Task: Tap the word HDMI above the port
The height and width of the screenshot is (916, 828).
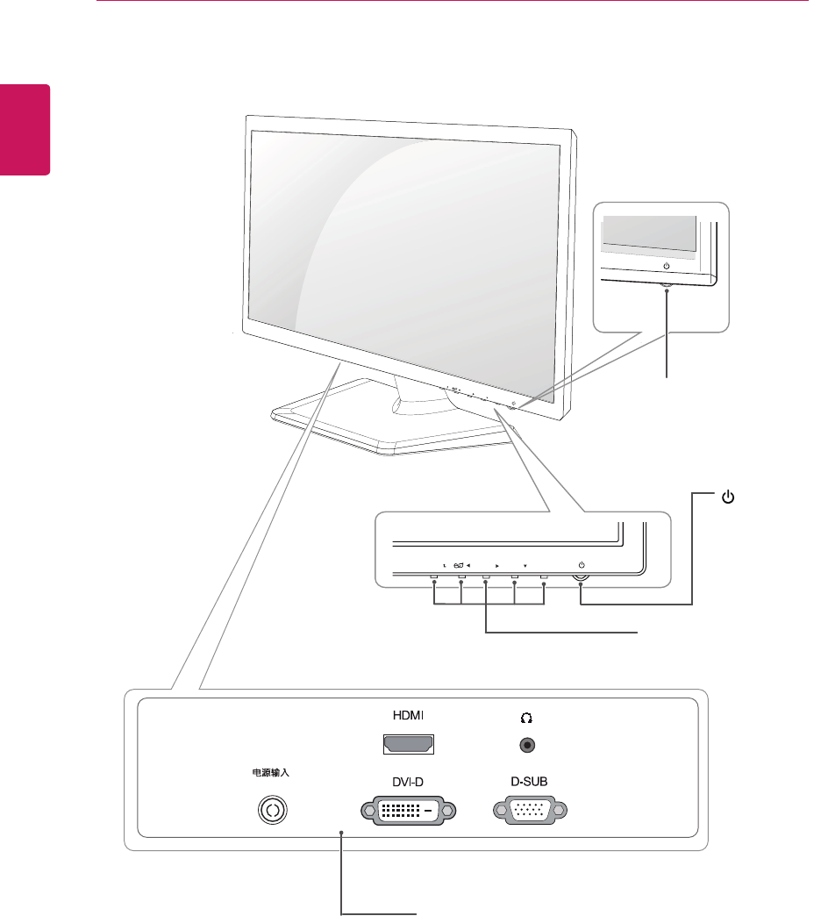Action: [x=410, y=716]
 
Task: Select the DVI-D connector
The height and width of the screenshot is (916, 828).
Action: [x=410, y=811]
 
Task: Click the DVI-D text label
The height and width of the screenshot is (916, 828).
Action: [x=410, y=781]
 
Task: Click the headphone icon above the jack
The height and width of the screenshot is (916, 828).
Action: [x=527, y=717]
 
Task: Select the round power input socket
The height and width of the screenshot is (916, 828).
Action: [x=274, y=811]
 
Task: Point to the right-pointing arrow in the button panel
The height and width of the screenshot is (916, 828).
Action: [x=496, y=566]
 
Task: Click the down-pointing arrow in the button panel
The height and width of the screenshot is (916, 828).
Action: [x=525, y=566]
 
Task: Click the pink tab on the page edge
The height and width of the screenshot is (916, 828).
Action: [x=25, y=129]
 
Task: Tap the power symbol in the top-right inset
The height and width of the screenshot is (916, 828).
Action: [x=667, y=266]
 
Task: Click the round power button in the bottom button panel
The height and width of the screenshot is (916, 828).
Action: [x=582, y=578]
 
